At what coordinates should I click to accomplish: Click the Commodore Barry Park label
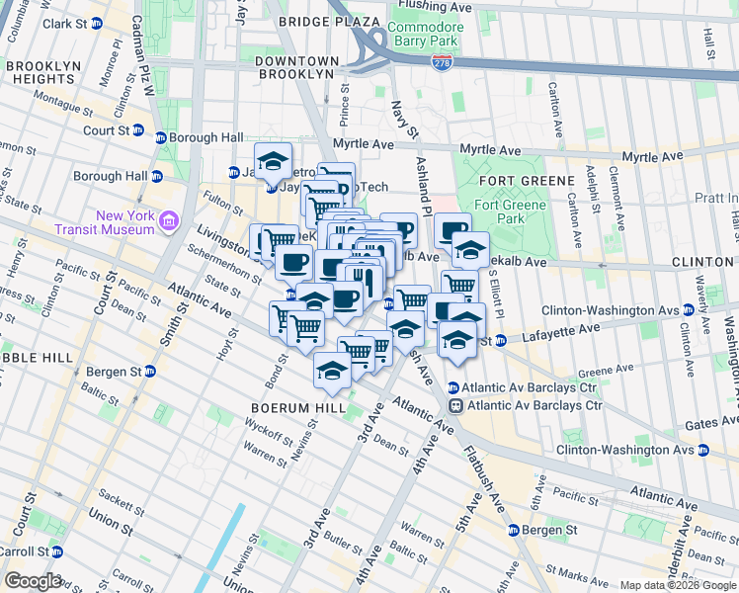[424, 34]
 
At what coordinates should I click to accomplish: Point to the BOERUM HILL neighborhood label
[297, 407]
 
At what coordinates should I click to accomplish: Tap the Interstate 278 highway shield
[442, 61]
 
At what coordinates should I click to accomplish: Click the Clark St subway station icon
[97, 24]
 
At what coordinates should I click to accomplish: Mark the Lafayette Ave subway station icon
[500, 341]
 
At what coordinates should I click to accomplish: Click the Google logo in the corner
[33, 581]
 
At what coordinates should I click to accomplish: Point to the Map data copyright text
[678, 585]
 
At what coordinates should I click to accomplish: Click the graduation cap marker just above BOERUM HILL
[333, 370]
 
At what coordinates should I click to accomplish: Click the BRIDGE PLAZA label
[329, 21]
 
